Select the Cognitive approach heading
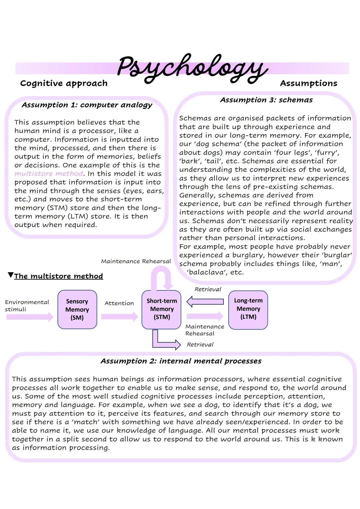tap(64, 83)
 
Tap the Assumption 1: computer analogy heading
tap(87, 105)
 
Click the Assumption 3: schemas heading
tap(266, 100)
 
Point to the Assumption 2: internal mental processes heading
tap(181, 361)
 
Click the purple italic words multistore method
tap(49, 174)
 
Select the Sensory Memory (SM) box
tap(77, 309)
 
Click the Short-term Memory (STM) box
tap(162, 309)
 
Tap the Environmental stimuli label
tap(27, 306)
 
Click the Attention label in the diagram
tap(119, 303)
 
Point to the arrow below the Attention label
tap(119, 316)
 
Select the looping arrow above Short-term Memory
tap(162, 278)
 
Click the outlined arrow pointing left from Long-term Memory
tap(205, 302)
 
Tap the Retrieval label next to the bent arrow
tap(200, 345)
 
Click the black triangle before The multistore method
tap(11, 275)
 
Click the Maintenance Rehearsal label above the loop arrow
tap(136, 261)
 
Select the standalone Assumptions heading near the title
tap(308, 83)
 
